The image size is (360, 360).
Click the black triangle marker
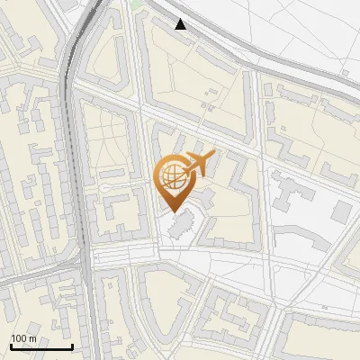[x=181, y=24]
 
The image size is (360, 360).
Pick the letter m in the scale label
[x=33, y=338]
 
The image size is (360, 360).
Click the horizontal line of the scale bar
[x=41, y=346]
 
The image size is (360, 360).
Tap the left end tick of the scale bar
[x=11, y=345]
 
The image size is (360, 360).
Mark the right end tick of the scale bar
[x=72, y=345]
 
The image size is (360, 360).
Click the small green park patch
[x=136, y=4]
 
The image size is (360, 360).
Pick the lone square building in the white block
[x=341, y=211]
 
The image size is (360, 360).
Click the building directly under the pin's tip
[x=180, y=226]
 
